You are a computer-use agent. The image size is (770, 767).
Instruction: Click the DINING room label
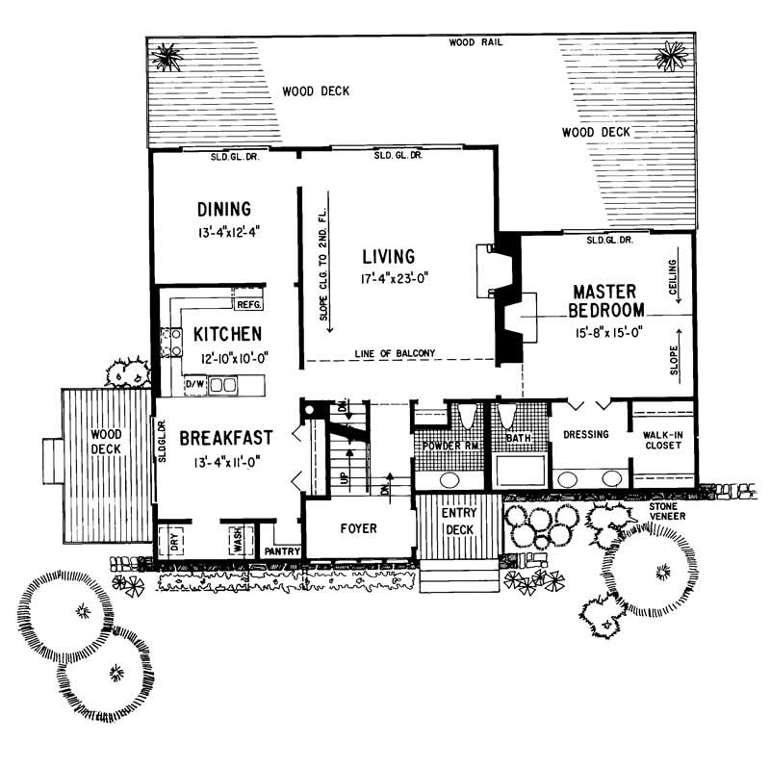point(224,209)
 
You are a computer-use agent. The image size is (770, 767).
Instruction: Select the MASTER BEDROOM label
point(607,300)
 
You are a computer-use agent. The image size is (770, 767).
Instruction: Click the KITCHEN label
point(226,334)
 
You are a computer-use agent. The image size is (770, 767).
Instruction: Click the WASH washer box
point(236,541)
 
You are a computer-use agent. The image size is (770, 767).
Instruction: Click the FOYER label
point(358,528)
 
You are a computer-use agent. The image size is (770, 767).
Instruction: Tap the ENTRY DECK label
point(459,520)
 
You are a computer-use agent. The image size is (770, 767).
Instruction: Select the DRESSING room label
point(586,434)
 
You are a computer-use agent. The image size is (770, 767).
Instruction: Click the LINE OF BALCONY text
point(395,353)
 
